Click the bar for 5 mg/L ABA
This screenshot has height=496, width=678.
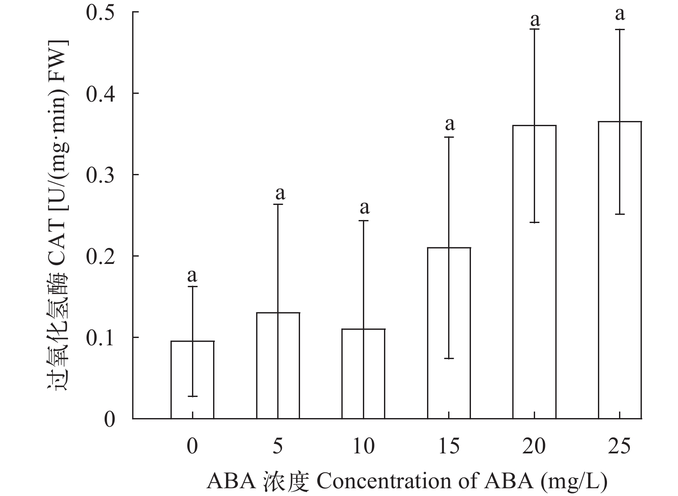pyautogui.click(x=278, y=366)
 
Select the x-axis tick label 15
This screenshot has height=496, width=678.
pyautogui.click(x=449, y=446)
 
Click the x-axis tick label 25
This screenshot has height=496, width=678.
pyautogui.click(x=619, y=446)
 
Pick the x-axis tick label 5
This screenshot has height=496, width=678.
pyautogui.click(x=278, y=446)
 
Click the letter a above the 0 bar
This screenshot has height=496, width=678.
pyautogui.click(x=192, y=275)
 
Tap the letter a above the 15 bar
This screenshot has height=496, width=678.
pyautogui.click(x=449, y=124)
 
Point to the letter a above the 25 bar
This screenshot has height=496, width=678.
pyautogui.click(x=619, y=14)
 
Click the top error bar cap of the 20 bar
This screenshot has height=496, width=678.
pyautogui.click(x=534, y=29)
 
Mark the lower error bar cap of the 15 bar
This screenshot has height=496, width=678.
pyautogui.click(x=449, y=358)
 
